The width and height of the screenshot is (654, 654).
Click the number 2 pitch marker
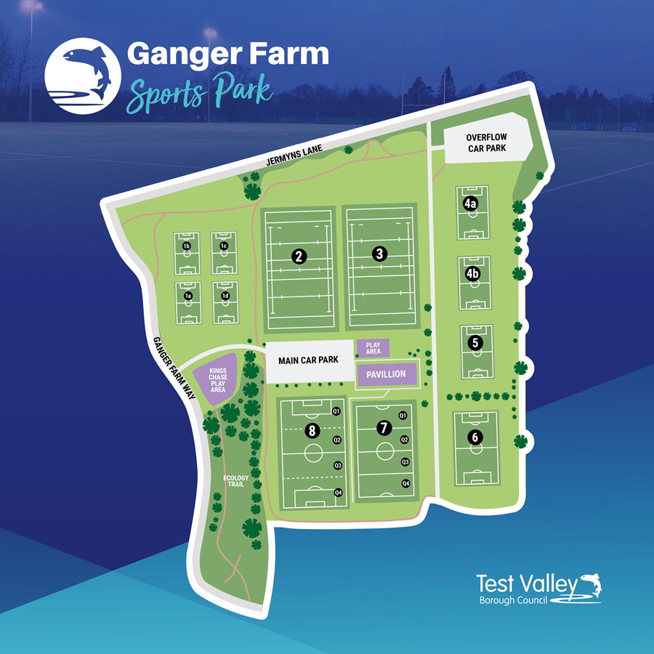coord(297,255)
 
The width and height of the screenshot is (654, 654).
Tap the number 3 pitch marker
coord(379,254)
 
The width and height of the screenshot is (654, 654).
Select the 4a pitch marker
coord(471,204)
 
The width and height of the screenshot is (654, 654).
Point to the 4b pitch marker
coord(472,274)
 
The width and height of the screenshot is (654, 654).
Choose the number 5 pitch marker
coord(476,343)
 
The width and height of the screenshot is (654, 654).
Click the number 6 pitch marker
coord(475,437)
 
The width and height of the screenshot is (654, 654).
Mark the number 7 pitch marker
coord(384,428)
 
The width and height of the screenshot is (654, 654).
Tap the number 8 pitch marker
coord(312,431)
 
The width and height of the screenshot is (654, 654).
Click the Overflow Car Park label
coord(486,142)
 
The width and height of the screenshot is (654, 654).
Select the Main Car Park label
coord(309,360)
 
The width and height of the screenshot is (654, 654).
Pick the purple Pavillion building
coord(386,374)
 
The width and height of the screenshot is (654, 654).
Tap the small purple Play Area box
coord(374,348)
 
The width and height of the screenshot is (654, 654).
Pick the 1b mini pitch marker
coord(187,247)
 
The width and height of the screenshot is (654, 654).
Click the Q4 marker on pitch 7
coord(406,484)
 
